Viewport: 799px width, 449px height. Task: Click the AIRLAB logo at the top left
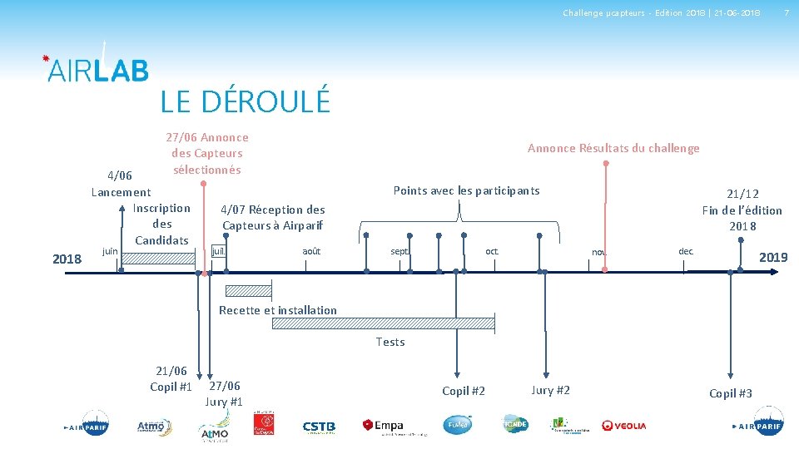(x=97, y=69)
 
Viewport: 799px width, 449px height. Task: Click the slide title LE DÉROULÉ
(x=246, y=101)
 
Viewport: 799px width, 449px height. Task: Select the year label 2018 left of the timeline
(x=67, y=259)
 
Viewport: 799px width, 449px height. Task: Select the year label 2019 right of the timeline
(x=773, y=258)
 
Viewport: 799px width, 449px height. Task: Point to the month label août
(x=311, y=251)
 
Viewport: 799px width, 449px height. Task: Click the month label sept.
(x=399, y=251)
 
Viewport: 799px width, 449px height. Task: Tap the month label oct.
(x=492, y=251)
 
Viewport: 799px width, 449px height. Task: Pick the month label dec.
(x=686, y=251)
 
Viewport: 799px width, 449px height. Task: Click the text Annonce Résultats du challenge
(x=613, y=148)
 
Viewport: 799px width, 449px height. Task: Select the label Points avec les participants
(x=466, y=190)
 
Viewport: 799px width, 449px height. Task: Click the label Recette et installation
(x=278, y=310)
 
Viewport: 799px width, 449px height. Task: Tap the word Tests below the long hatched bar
(x=390, y=342)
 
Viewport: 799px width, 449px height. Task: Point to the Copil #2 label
(x=464, y=391)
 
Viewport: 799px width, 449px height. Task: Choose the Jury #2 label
(x=550, y=390)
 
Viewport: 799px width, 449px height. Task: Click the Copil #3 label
(x=731, y=393)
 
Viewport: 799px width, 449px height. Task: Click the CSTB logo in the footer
(x=319, y=427)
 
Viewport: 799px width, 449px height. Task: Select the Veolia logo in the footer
(x=624, y=426)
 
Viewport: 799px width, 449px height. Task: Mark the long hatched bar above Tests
(x=384, y=323)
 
